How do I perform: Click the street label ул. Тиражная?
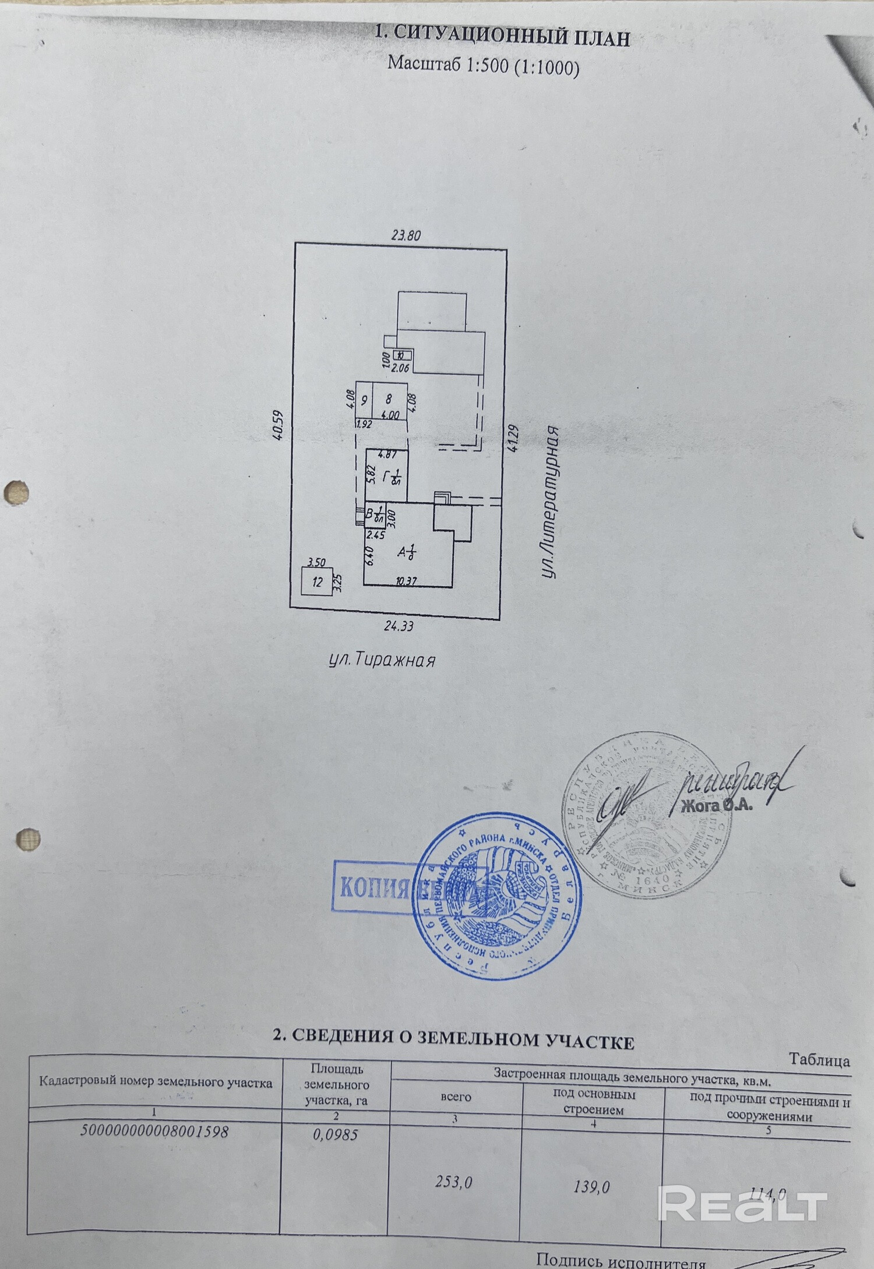[382, 660]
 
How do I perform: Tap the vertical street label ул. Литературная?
[549, 502]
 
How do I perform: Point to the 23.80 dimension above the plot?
[406, 235]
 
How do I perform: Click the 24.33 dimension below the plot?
[399, 626]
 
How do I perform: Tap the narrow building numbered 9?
[364, 400]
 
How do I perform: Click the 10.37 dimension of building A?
[406, 581]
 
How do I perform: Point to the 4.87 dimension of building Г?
[387, 455]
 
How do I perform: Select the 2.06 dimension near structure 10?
[400, 368]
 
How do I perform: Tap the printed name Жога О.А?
[717, 807]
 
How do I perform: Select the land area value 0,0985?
[335, 1135]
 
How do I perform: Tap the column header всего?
[455, 1097]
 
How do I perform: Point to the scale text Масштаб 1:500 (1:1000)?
[483, 65]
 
